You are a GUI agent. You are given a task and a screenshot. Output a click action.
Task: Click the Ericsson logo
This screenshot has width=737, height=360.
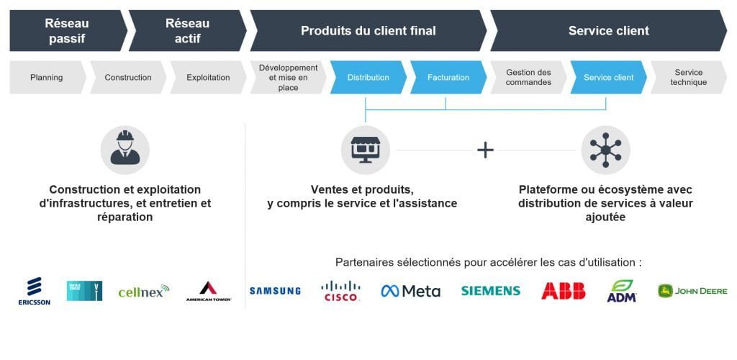click(34, 291)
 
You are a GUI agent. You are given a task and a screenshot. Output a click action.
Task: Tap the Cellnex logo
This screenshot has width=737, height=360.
click(143, 291)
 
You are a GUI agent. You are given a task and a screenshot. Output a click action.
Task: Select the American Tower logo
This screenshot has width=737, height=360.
click(208, 291)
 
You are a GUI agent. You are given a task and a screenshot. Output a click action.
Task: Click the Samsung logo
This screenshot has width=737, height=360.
click(275, 291)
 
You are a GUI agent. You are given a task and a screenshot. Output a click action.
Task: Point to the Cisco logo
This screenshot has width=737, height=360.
click(340, 291)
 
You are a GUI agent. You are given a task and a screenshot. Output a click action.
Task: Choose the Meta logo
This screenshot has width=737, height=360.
click(410, 291)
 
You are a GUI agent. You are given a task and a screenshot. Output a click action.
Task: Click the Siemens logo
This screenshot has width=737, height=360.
click(490, 291)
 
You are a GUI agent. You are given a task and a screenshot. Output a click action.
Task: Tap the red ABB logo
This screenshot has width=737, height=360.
click(563, 291)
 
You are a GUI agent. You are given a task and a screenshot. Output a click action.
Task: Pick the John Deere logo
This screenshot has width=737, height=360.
click(692, 291)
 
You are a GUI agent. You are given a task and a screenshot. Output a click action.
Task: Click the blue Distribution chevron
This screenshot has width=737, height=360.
click(368, 78)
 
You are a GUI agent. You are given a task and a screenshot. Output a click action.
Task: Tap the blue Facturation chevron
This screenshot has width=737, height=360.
click(448, 78)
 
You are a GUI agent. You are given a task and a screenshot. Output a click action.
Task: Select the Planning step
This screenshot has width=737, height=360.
click(46, 78)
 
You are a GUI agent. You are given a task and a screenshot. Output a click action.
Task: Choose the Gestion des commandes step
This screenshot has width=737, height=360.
click(528, 78)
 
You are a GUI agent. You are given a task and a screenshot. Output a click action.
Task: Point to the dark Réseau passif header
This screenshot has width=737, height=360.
click(67, 31)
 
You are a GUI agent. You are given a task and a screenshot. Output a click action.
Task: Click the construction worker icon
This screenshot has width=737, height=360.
click(125, 150)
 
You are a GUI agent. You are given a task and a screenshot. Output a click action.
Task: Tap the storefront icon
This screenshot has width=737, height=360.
click(365, 150)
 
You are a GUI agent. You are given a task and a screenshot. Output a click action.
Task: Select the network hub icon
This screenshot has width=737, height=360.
click(605, 150)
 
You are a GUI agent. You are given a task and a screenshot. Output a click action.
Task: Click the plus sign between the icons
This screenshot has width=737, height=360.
click(486, 150)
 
